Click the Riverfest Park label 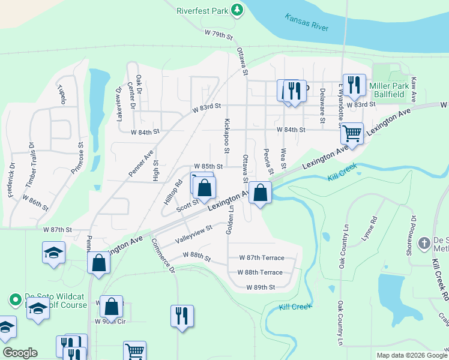coord(203,10)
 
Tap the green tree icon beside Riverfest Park coord(238,10)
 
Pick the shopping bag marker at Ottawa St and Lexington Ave coord(260,193)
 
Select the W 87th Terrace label coord(261,257)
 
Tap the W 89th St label coord(260,287)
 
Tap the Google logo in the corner coord(20,353)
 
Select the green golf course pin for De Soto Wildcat coord(14,299)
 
